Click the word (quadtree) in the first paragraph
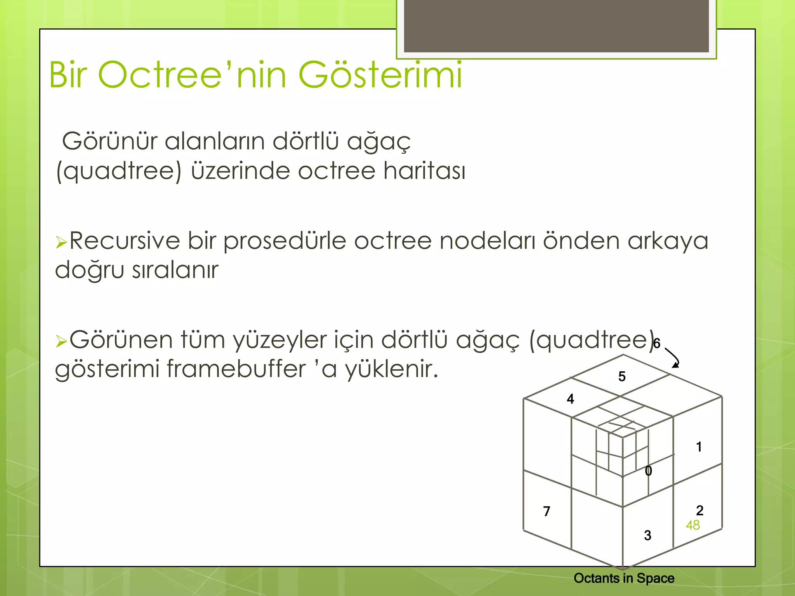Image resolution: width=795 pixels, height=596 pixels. coord(119,172)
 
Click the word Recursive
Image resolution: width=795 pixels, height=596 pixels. coord(125,241)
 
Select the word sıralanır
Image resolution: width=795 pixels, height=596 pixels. coord(175,270)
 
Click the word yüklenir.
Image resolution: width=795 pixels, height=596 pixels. coord(392,369)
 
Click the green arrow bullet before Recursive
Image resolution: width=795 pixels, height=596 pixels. coord(61,243)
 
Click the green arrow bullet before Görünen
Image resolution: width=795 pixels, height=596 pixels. coord(61,341)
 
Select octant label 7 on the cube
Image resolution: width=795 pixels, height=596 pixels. coord(547,511)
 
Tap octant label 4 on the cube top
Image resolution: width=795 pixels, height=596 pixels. coord(570,399)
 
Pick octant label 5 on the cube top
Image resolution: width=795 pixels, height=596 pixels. coord(622,376)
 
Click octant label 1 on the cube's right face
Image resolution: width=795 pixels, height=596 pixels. coord(699,447)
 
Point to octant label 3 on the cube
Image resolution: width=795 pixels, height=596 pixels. coord(647,535)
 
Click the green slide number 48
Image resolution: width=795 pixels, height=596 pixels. coord(693,525)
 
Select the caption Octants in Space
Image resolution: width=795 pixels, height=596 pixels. coord(624,578)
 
